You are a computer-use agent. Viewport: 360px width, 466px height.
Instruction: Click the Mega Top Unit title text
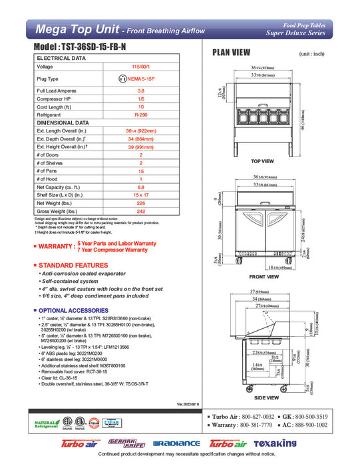[80, 29]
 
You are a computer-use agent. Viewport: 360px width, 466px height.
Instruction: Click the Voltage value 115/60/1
[140, 67]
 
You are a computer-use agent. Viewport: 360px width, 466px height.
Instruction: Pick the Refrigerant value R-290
[140, 115]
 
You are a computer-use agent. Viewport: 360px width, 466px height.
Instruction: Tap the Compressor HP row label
[55, 99]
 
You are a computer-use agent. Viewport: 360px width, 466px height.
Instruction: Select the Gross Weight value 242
[140, 210]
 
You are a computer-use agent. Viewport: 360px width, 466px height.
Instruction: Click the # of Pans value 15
[140, 170]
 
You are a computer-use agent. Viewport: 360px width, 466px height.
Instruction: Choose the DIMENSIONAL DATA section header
[63, 122]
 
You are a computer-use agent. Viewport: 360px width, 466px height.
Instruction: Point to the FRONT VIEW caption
[264, 276]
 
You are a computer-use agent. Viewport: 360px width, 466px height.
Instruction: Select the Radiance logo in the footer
[176, 443]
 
